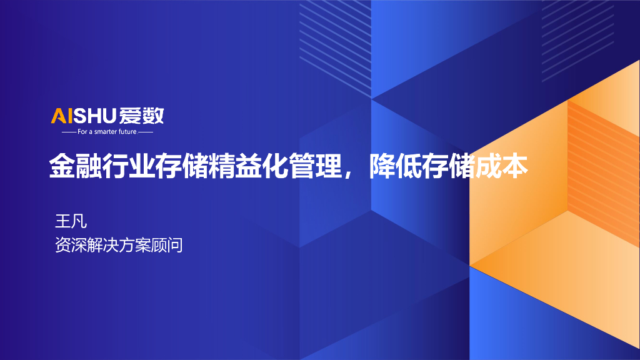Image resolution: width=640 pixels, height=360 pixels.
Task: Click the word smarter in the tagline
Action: coord(102,132)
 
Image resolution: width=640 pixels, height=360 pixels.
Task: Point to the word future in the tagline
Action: coord(127,132)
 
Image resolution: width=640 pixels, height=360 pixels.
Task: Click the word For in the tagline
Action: coord(83,132)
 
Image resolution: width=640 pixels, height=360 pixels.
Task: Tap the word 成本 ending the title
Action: coord(502,167)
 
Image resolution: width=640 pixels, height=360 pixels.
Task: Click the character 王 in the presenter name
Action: coord(62,221)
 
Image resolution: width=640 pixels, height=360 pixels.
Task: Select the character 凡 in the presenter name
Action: coord(79,221)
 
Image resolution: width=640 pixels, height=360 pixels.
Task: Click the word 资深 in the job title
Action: coord(71,245)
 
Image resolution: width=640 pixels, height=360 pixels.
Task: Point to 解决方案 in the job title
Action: coord(118,245)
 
